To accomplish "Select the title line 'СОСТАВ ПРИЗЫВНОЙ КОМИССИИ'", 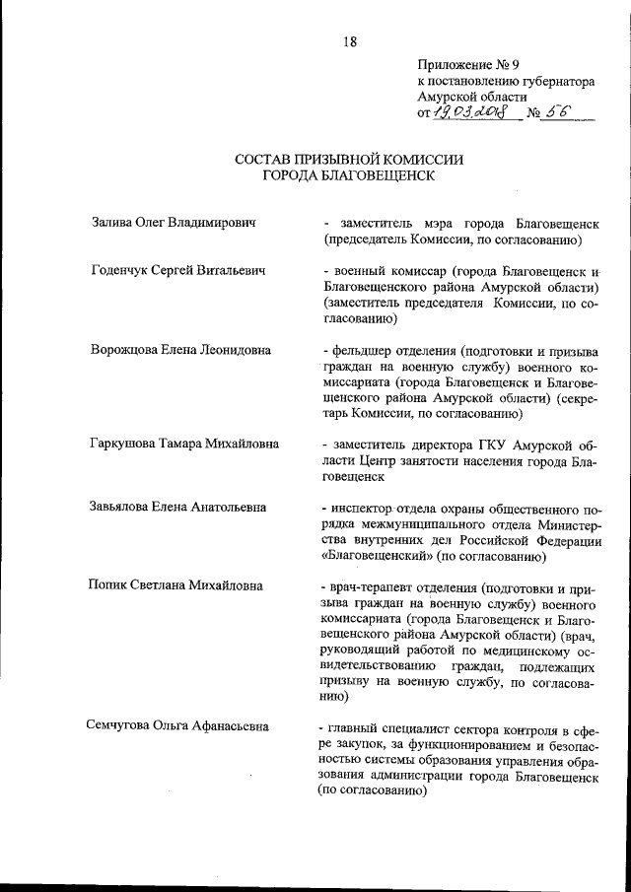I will coord(348,158).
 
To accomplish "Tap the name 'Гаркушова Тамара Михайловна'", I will coord(184,444).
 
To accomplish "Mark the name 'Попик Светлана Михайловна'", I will coord(176,585).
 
